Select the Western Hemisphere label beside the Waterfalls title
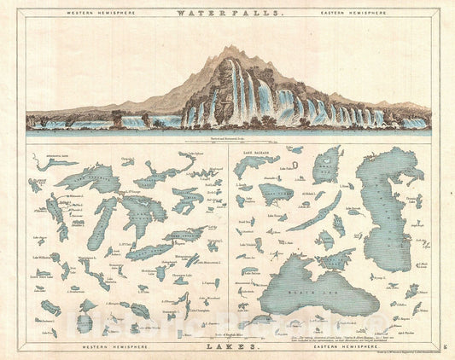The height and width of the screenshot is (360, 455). [x=86, y=14]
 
